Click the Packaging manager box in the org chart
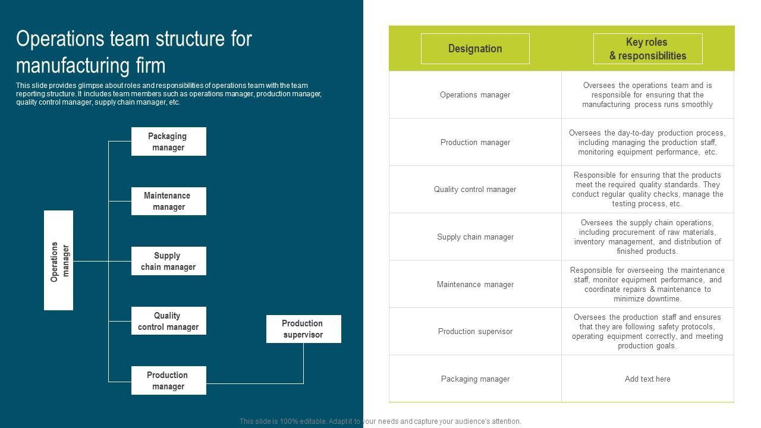point(168,141)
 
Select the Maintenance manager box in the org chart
point(168,201)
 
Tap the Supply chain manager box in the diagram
point(168,261)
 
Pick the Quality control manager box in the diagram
point(168,321)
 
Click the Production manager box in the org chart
point(168,380)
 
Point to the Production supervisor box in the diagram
point(303,329)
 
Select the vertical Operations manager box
point(59,260)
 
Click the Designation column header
point(475,49)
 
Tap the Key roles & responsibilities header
point(647,49)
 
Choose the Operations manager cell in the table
point(475,95)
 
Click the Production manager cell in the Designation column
point(475,143)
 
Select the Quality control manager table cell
point(475,190)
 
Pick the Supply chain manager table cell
point(475,237)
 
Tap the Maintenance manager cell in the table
point(475,285)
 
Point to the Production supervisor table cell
point(475,332)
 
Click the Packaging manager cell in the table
point(475,379)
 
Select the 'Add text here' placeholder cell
point(647,379)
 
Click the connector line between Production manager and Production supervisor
point(256,383)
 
